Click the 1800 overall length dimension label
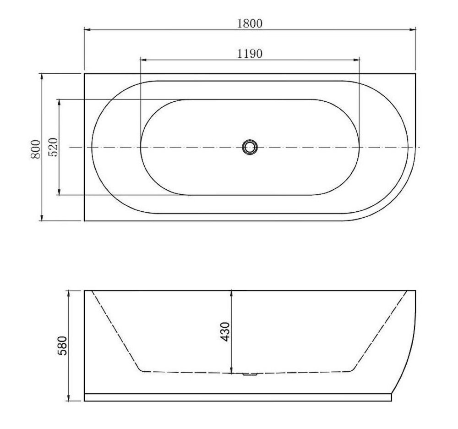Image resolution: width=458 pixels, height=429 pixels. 250,23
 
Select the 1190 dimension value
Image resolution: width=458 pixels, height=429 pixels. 250,54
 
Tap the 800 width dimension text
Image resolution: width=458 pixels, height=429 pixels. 36,149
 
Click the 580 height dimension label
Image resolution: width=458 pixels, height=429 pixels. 62,346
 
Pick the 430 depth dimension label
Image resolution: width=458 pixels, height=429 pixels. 225,332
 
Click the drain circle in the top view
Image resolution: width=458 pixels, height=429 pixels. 250,147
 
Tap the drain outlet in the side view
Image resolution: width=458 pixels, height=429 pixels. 250,374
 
